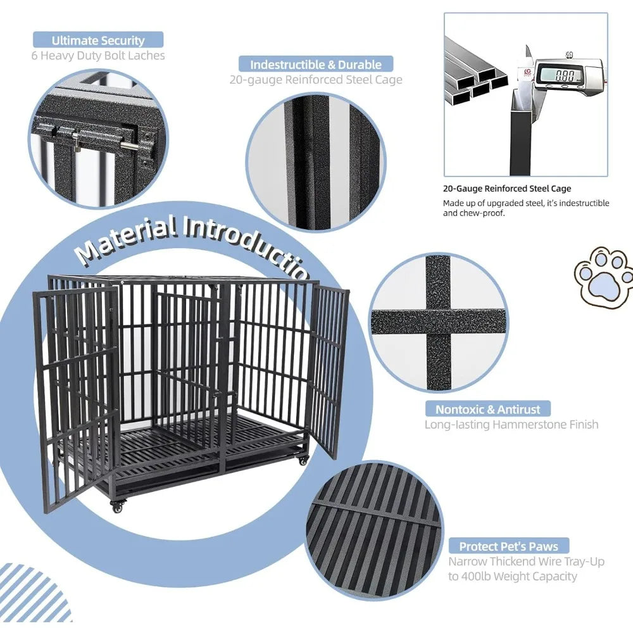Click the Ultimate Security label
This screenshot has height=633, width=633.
98,41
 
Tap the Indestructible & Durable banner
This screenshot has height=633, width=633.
315,64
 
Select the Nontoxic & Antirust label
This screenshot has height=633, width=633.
487,409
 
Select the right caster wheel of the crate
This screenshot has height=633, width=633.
304,460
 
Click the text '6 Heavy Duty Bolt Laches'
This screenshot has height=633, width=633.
98,56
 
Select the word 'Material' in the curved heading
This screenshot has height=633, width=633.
127,239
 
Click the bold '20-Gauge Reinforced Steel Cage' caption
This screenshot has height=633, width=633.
507,189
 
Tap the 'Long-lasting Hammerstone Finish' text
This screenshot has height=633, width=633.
511,425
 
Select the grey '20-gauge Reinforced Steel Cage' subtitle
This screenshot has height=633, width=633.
316,80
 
